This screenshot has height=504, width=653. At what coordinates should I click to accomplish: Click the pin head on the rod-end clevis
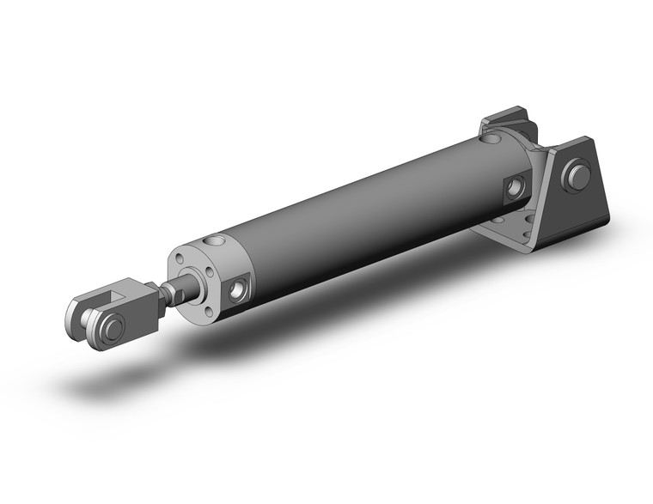pyautogui.click(x=112, y=326)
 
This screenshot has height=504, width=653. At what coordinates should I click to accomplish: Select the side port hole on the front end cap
pyautogui.click(x=237, y=290)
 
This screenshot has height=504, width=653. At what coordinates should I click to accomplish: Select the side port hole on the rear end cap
pyautogui.click(x=516, y=186)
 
